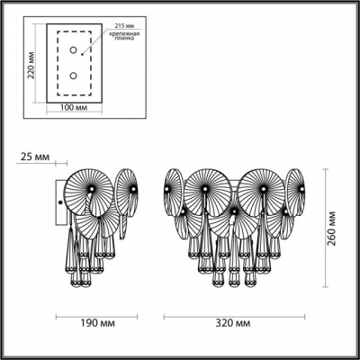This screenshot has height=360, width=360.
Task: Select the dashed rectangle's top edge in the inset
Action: click(x=75, y=31)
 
